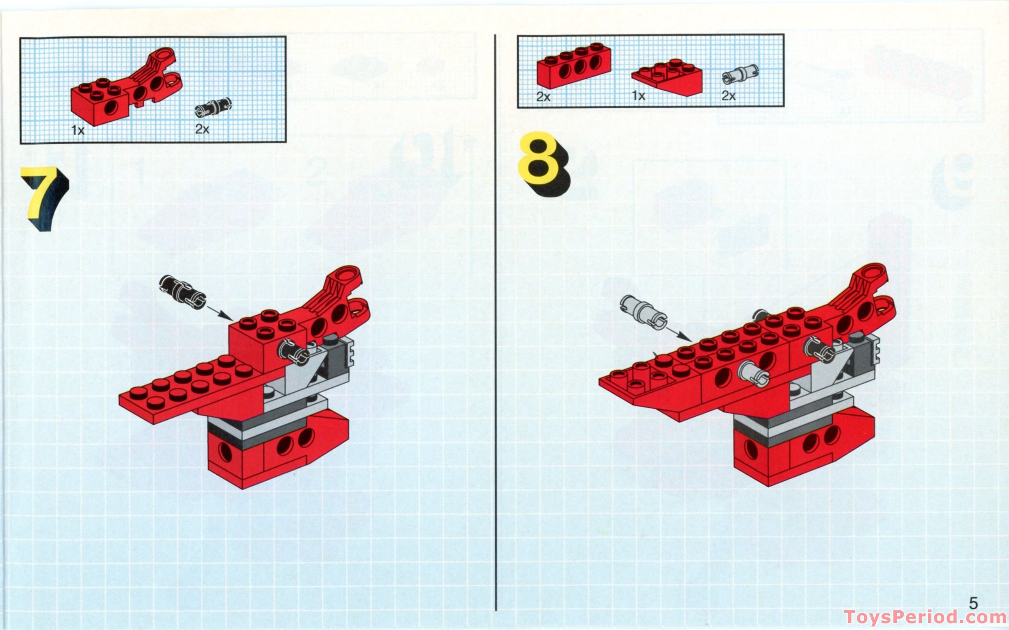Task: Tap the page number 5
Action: click(973, 603)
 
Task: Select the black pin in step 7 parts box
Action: click(213, 107)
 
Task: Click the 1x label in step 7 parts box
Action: click(77, 130)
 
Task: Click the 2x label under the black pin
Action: click(202, 129)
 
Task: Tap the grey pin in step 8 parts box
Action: click(740, 74)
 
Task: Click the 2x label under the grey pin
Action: click(729, 96)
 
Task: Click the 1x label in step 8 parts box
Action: click(638, 96)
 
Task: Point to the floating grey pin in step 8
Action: click(643, 312)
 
